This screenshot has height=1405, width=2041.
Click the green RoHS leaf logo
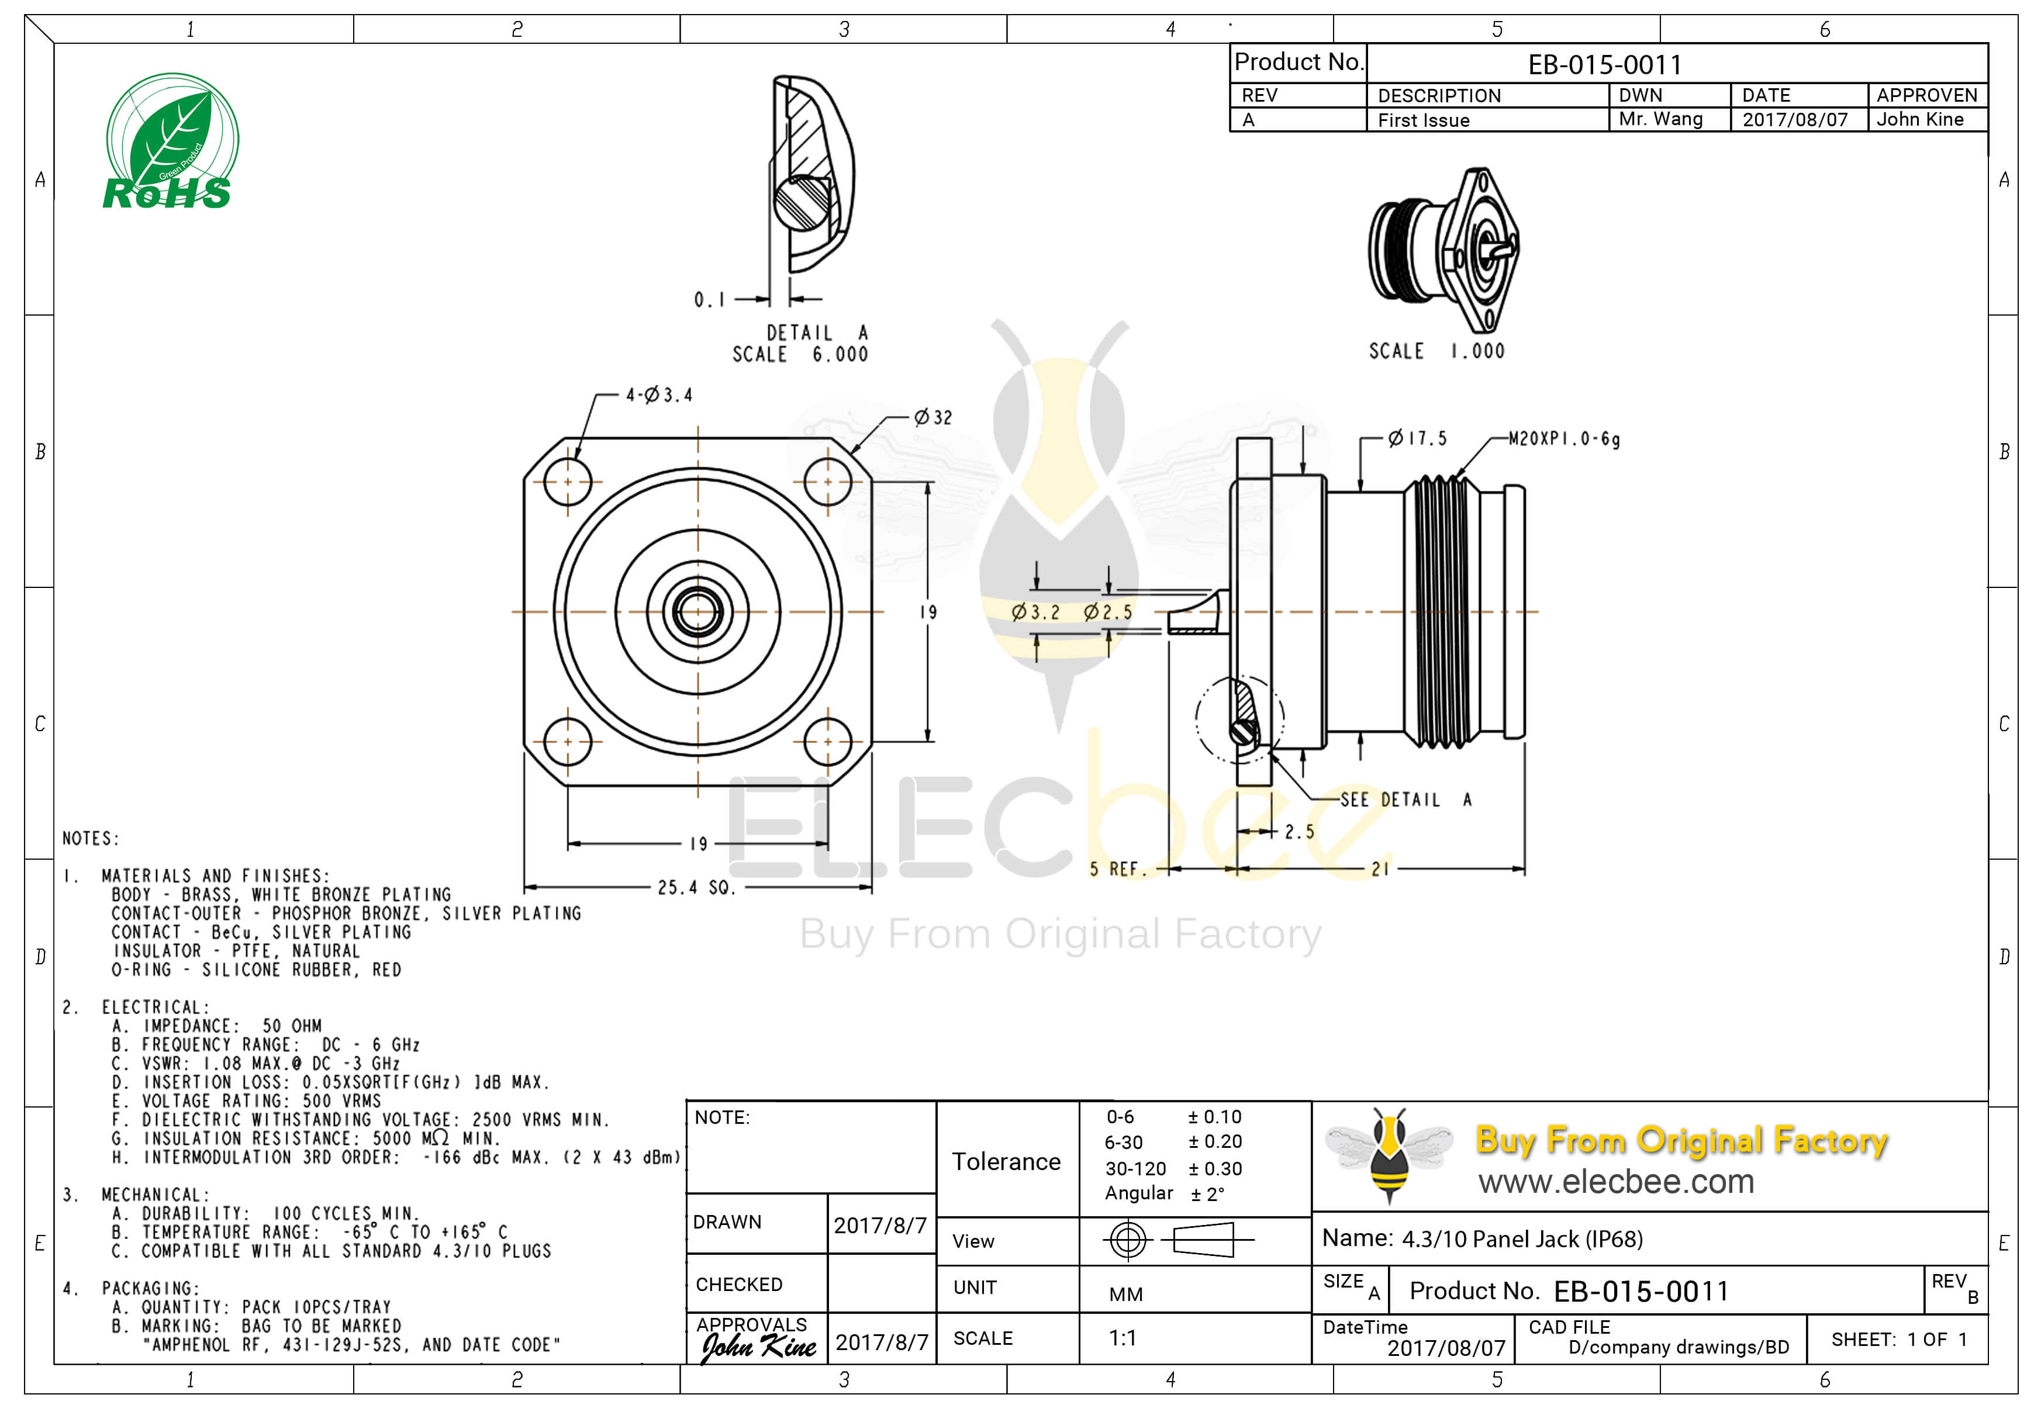tap(170, 142)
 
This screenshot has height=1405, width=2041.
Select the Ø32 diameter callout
tap(933, 417)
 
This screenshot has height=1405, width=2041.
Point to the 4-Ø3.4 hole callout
tap(659, 395)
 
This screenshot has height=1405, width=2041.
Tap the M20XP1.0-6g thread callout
tap(1564, 438)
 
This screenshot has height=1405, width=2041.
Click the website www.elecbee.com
tap(1616, 1181)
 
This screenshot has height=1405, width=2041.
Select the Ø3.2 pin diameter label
tap(1035, 612)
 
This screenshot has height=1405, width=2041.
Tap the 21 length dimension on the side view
tap(1380, 869)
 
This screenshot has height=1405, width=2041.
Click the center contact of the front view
tap(697, 611)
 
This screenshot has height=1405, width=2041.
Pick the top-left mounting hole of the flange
tap(568, 482)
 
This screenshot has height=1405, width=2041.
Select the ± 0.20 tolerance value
tap(1215, 1142)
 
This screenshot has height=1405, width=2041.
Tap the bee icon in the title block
tap(1389, 1154)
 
